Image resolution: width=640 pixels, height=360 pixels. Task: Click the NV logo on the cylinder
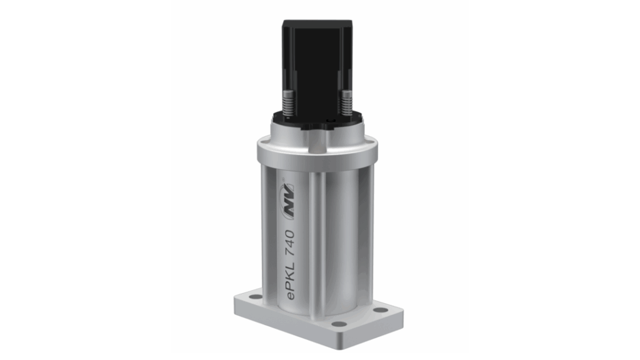click(289, 209)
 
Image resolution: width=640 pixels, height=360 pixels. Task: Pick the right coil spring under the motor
click(346, 104)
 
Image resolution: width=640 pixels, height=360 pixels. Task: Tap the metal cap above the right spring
click(346, 91)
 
